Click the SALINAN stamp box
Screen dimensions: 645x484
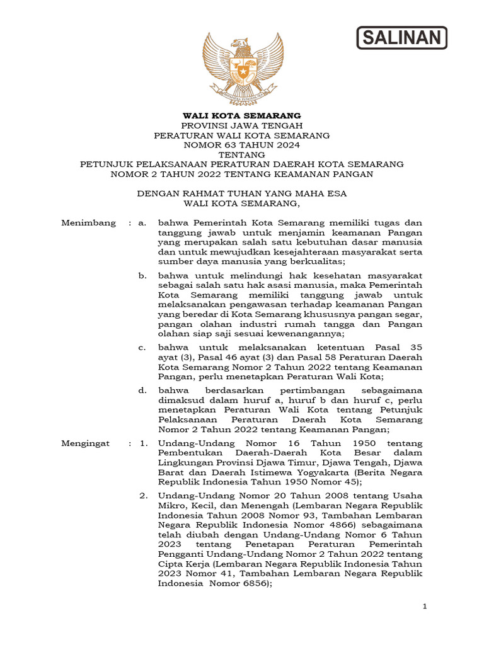click(x=402, y=38)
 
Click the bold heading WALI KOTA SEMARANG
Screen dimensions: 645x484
click(x=242, y=116)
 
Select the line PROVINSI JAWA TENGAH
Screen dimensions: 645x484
click(x=242, y=125)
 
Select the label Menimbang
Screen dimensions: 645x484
click(x=88, y=223)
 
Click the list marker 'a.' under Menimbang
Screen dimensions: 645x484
click(x=143, y=223)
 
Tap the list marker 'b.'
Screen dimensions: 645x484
click(x=143, y=275)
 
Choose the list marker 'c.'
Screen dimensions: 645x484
click(x=143, y=347)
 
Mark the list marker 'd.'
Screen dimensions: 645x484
click(x=143, y=391)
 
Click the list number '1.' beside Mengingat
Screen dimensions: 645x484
click(x=144, y=443)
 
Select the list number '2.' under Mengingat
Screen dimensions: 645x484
click(x=144, y=496)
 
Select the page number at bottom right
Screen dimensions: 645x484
click(x=425, y=606)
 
